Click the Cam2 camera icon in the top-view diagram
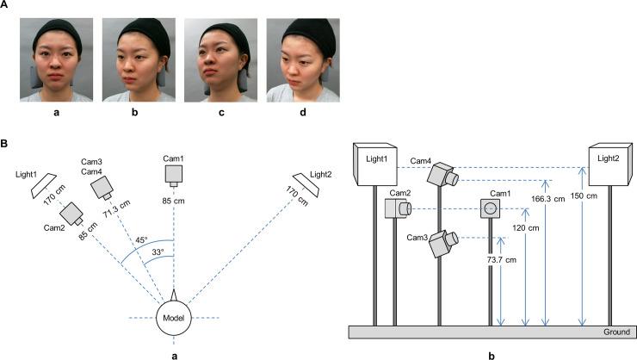[x=71, y=212]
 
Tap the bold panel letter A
[x=6, y=7]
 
